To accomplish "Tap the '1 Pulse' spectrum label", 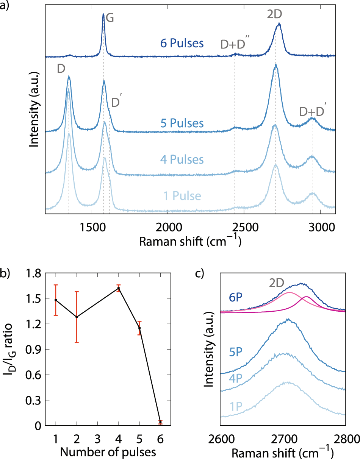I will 182,196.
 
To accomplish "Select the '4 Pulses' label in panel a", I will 182,159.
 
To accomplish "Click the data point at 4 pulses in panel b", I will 119,288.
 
